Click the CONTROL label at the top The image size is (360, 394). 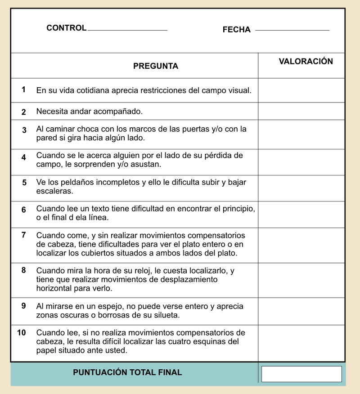coord(66,28)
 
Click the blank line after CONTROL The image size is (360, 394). coord(127,30)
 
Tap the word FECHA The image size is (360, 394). coord(236,30)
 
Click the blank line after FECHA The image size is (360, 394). coord(292,30)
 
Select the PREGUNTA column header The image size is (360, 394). coord(156,66)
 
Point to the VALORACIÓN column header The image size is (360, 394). coord(306,62)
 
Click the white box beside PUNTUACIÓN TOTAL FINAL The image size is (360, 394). coord(301,374)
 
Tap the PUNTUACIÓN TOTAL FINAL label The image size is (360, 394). coord(127,372)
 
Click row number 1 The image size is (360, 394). coord(23,90)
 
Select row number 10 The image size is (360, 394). coord(22,333)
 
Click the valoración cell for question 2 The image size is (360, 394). coord(301,111)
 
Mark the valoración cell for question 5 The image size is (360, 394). coord(301,188)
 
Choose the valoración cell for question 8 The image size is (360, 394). coord(301,280)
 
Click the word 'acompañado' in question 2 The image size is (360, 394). coord(121,111)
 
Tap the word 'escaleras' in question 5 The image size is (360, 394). coord(54,191)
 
